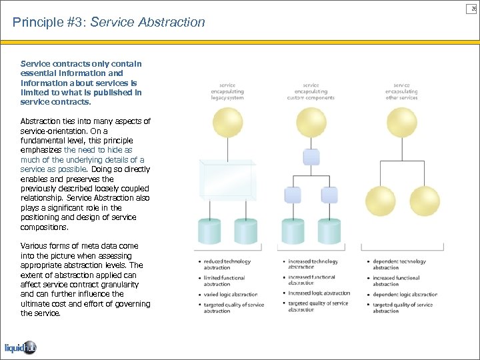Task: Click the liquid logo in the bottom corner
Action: coord(21,347)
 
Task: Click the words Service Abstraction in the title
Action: coord(147,23)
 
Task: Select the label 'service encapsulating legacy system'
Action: coord(227,91)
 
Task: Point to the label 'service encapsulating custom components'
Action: coord(311,91)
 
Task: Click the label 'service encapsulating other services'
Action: coord(401,91)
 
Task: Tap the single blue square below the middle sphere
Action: coord(311,158)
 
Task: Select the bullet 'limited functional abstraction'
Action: coord(224,281)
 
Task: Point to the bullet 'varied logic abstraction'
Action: coord(230,294)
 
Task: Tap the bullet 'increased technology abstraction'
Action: coord(313,265)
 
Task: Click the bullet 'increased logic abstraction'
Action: coord(319,293)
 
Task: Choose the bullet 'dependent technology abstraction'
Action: coord(399,265)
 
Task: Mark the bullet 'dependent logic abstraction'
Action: coord(405,294)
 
